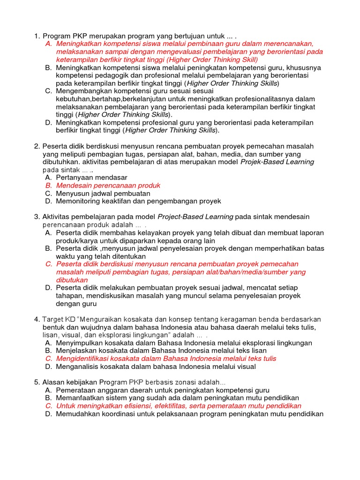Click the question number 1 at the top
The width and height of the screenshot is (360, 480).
(x=37, y=36)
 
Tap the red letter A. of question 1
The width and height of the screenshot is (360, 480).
(x=48, y=44)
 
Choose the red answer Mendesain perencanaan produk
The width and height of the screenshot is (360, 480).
(x=108, y=185)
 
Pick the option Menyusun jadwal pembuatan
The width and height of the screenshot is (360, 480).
(x=103, y=193)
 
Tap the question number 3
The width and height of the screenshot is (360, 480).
(x=37, y=217)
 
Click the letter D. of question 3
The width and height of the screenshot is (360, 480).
(x=48, y=287)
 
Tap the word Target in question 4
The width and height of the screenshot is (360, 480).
(x=53, y=319)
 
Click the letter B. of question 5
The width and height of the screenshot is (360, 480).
(x=48, y=398)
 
